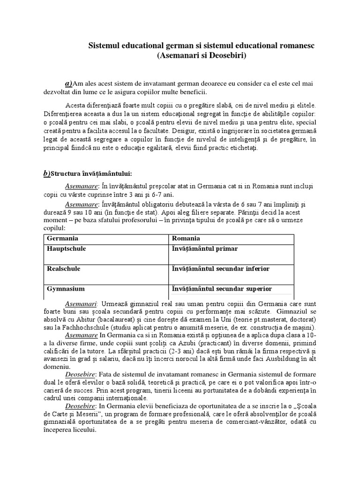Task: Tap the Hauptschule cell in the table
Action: [67, 249]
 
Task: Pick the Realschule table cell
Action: [64, 269]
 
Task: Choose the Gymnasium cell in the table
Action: [66, 289]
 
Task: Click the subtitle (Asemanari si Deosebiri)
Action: [202, 55]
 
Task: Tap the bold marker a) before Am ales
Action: [68, 83]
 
